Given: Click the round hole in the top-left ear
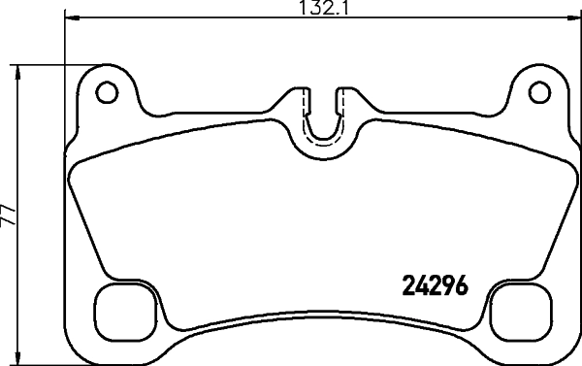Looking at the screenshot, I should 107,92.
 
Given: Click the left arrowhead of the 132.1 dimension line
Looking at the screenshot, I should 70,18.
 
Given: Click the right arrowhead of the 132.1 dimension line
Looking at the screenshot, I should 571,18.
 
